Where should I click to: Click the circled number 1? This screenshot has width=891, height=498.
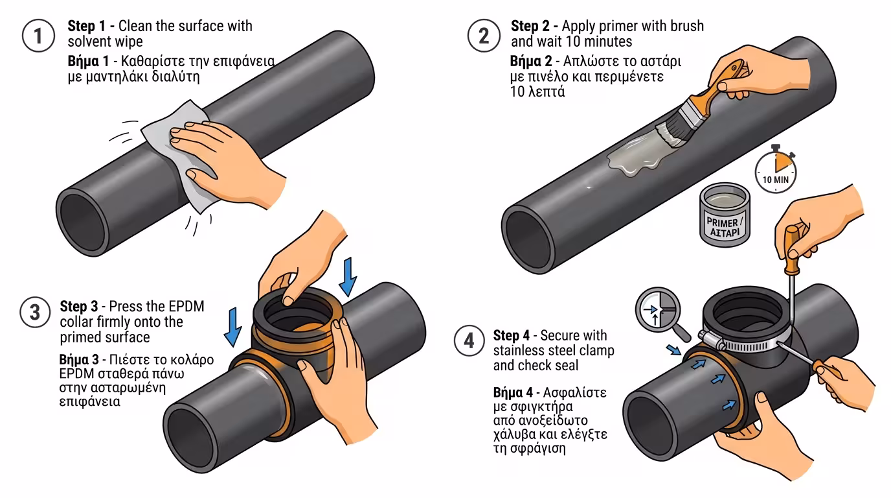tap(38, 36)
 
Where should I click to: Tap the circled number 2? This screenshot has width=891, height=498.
tap(484, 36)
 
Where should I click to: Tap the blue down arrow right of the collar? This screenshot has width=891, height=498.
tap(348, 275)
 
